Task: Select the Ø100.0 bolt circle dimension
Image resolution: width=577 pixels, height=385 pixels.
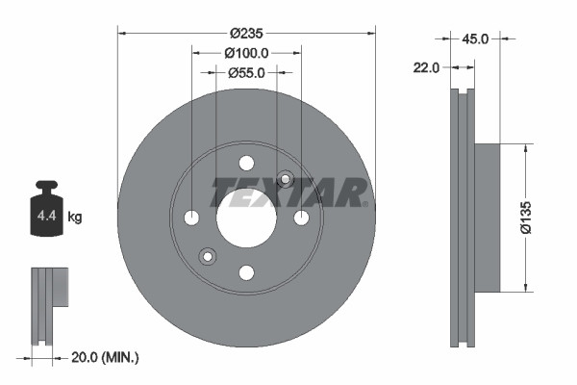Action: pos(246,53)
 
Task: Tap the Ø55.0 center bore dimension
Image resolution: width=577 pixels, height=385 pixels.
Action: pos(246,71)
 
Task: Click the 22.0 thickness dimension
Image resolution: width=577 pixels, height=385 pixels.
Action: pos(427,67)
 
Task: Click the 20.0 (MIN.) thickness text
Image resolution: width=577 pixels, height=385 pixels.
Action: pos(106,357)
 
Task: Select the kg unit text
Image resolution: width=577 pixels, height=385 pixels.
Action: pos(75,218)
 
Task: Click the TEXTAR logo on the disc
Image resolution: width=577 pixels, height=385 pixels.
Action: pos(288,192)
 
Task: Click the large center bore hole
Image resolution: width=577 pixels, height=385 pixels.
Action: pos(246,218)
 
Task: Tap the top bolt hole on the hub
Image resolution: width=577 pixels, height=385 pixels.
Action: pos(246,163)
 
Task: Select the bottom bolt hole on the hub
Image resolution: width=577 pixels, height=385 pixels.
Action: pos(246,273)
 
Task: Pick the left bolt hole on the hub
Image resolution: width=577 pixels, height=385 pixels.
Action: pos(191,218)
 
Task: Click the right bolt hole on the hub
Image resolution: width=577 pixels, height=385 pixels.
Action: pos(301,218)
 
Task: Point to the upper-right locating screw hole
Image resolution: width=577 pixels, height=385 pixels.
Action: pos(285,178)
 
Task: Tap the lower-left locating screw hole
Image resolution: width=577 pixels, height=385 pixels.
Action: pos(207,256)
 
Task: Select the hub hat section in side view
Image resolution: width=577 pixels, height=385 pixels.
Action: pos(488,218)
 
